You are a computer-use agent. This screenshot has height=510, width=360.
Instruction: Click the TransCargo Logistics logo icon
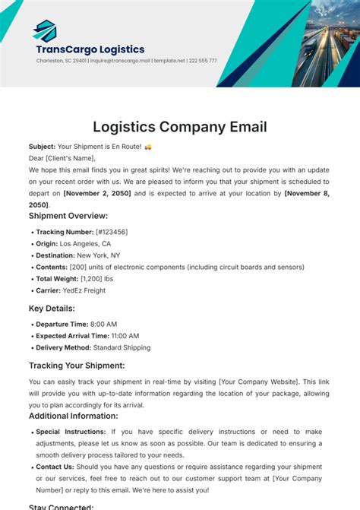(45, 31)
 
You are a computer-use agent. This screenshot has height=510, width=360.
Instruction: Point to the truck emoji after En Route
(148, 147)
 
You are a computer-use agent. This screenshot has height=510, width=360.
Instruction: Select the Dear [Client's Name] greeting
(62, 158)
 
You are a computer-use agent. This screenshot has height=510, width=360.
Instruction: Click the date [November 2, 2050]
(98, 194)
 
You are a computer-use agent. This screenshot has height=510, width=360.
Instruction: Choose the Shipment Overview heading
(69, 216)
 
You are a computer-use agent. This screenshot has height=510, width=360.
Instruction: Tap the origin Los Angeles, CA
(85, 243)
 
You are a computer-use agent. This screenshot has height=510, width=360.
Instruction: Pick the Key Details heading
(52, 309)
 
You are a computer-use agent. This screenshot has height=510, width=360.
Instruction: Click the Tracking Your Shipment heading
(77, 366)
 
